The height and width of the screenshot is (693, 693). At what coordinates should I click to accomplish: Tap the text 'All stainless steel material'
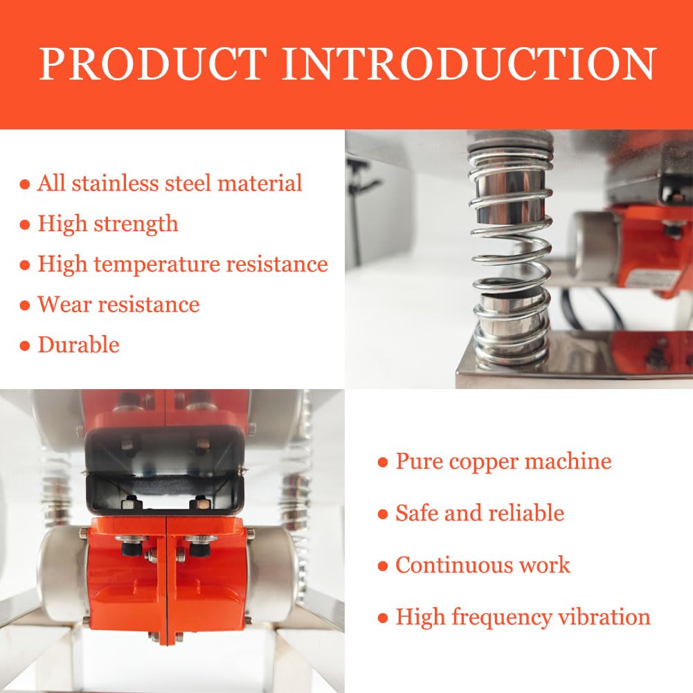tap(170, 183)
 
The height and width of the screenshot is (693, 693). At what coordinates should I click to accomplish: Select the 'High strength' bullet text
tap(108, 224)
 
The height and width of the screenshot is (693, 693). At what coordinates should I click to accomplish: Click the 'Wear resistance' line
tap(119, 305)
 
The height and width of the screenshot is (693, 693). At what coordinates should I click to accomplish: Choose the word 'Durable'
tap(79, 345)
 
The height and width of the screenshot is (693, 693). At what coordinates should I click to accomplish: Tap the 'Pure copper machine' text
tap(503, 462)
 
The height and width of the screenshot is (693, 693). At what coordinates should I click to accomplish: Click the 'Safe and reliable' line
tap(480, 513)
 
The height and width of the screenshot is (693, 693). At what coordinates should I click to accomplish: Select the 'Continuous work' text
tap(483, 566)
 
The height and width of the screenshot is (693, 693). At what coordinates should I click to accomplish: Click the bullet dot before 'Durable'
tap(25, 345)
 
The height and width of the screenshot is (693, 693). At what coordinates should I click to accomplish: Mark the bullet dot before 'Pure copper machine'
tap(383, 462)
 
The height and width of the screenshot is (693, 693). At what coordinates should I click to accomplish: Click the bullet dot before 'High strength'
tap(25, 224)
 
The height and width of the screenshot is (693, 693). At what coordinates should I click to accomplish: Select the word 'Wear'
tap(64, 305)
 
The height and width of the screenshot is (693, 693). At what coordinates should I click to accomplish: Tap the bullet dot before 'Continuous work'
tap(383, 566)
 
